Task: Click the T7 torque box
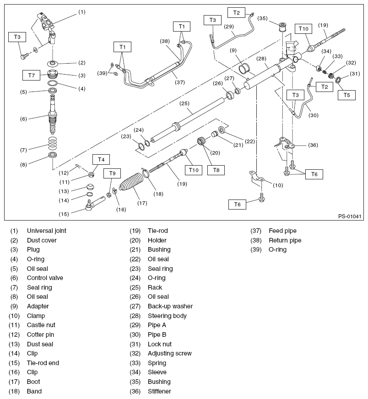pyautogui.click(x=31, y=74)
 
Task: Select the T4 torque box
pyautogui.click(x=101, y=159)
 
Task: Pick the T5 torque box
pyautogui.click(x=346, y=95)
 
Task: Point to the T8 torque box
pyautogui.click(x=216, y=170)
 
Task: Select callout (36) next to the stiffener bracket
pyautogui.click(x=313, y=145)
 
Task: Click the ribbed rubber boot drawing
pyautogui.click(x=132, y=187)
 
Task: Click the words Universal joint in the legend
pyautogui.click(x=46, y=231)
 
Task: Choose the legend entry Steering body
pyautogui.click(x=167, y=316)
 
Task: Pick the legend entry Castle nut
pyautogui.click(x=41, y=325)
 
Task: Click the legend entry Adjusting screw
pyautogui.click(x=169, y=354)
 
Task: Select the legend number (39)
pyautogui.click(x=256, y=250)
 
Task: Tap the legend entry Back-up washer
pyautogui.click(x=170, y=307)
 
